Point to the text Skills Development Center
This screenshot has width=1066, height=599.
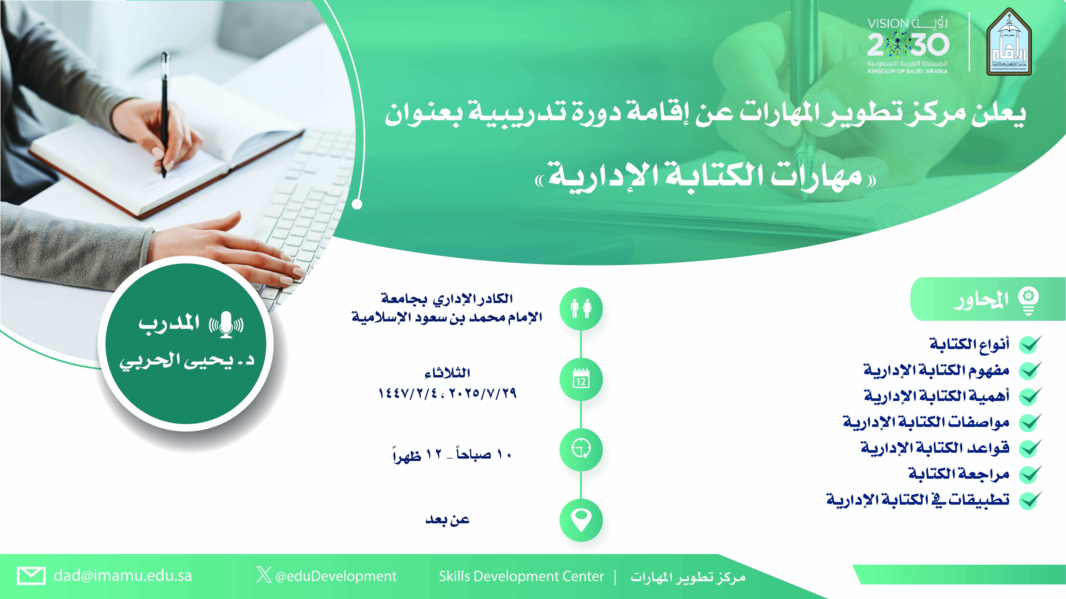point(521,576)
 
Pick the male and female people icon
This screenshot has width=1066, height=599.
point(581,309)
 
